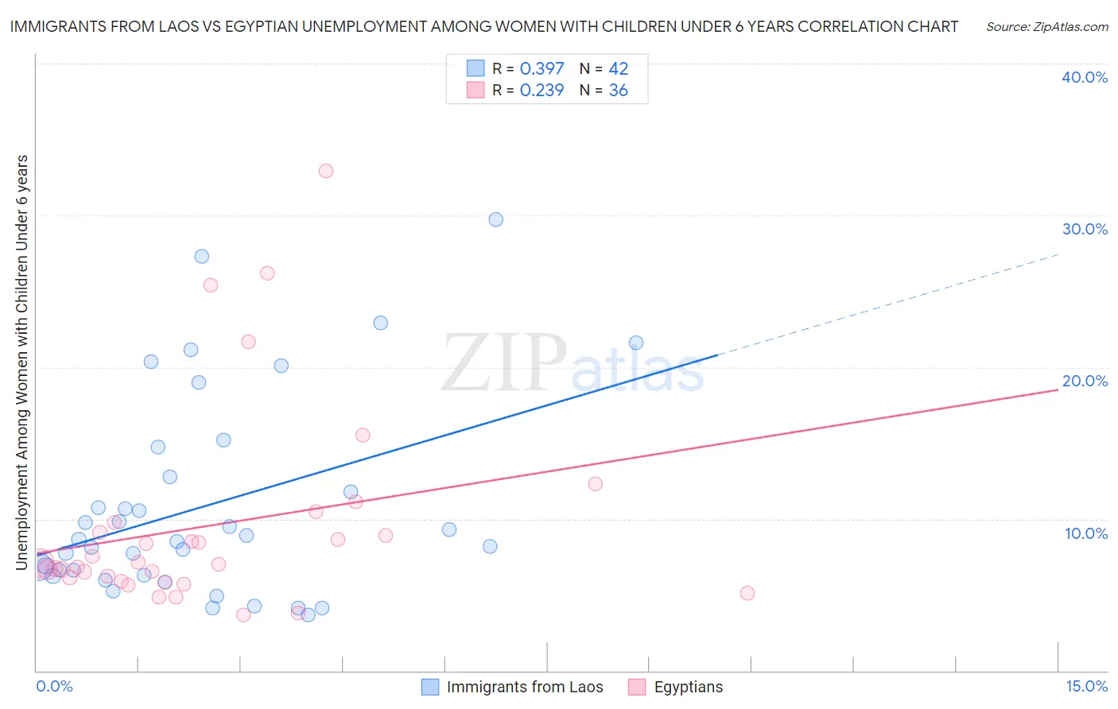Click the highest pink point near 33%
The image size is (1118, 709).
tap(325, 171)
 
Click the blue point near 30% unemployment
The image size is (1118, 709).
tap(495, 219)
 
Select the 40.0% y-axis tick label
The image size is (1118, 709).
tap(1084, 77)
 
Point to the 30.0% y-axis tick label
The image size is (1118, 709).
tap(1084, 229)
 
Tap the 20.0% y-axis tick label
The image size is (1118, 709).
tap(1084, 381)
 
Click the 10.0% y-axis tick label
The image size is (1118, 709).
tap(1085, 533)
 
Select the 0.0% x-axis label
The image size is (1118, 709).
tap(54, 686)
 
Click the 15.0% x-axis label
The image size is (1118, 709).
tap(1086, 686)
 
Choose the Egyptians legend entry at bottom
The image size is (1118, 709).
tap(688, 687)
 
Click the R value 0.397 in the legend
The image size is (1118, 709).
tap(542, 69)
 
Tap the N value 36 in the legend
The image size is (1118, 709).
tap(618, 91)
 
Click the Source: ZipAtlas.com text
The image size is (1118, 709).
tap(1046, 27)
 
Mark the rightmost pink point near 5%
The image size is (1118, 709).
tap(747, 593)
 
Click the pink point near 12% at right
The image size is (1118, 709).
tap(595, 483)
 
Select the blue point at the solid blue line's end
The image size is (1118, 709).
tap(636, 343)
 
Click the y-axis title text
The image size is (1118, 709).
tap(22, 362)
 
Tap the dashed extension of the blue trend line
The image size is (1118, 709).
tap(891, 304)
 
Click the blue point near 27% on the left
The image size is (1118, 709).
tap(201, 256)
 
